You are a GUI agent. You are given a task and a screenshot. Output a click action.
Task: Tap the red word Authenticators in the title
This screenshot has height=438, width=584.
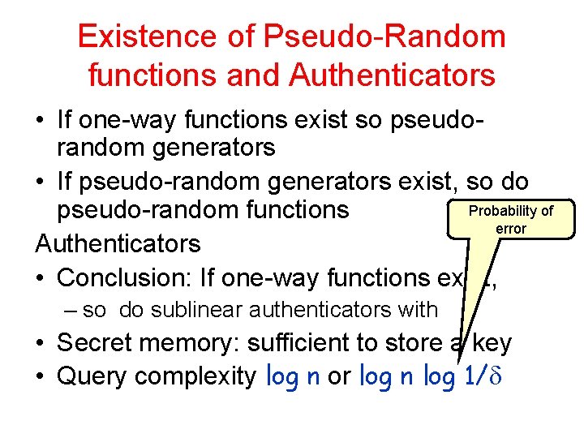pos(392,75)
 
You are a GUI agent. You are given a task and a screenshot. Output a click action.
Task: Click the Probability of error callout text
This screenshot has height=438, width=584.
pos(511,219)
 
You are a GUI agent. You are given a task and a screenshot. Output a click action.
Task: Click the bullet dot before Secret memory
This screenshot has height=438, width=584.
pos(40,344)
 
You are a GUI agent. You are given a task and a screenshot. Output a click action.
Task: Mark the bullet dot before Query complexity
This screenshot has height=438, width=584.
pos(40,378)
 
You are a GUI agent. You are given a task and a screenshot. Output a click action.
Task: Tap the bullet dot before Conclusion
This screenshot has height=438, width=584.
pos(40,278)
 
